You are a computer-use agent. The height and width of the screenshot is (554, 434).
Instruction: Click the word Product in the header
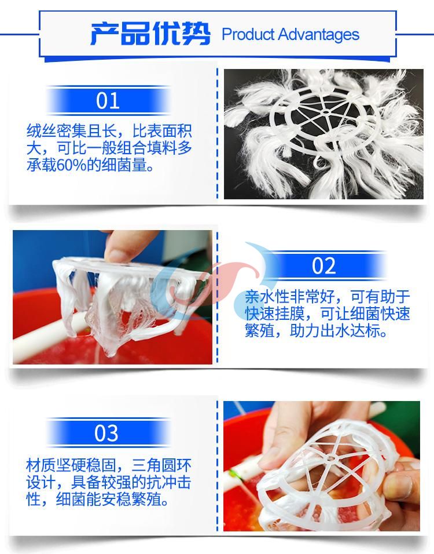[247, 34]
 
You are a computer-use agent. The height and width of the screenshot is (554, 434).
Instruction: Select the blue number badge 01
[108, 101]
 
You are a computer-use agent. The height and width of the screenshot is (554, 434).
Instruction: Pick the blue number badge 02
[324, 266]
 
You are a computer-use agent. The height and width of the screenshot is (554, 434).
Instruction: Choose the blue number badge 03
[108, 433]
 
